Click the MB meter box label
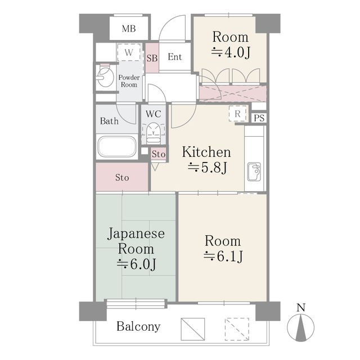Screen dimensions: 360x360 coord(129,29)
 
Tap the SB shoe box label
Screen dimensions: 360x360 coord(152,57)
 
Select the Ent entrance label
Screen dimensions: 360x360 coord(174,57)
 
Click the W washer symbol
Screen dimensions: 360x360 coord(129,53)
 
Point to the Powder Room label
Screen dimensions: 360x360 coord(128,80)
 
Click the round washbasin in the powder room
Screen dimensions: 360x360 coord(104,78)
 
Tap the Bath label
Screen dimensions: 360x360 coord(109,120)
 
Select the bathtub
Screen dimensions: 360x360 coord(116,147)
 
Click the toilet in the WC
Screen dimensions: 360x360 coord(153,134)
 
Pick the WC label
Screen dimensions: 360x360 coord(154,114)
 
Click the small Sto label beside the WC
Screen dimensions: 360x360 coord(159,154)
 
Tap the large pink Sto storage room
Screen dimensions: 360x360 coord(122,178)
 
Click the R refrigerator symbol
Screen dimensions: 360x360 coord(238,114)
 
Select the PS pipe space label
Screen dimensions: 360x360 coord(258,118)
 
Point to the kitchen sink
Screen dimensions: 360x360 coord(254,172)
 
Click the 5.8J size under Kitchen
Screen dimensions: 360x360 coord(206,167)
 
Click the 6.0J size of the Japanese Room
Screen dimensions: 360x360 coord(136,264)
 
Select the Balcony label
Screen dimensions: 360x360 coord(138,326)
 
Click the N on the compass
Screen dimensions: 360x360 coord(301,308)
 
